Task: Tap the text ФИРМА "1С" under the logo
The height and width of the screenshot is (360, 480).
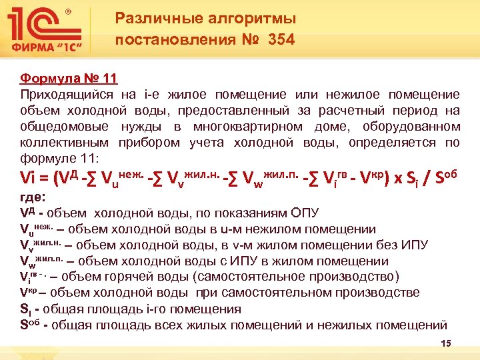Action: click(x=51, y=49)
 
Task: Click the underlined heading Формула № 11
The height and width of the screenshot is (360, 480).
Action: click(x=69, y=79)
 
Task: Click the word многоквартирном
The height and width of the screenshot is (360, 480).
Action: click(x=251, y=126)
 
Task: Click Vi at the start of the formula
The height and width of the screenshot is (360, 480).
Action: click(x=30, y=179)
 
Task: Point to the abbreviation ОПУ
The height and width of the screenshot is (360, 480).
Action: click(x=305, y=213)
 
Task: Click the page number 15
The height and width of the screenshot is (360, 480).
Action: click(x=446, y=343)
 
